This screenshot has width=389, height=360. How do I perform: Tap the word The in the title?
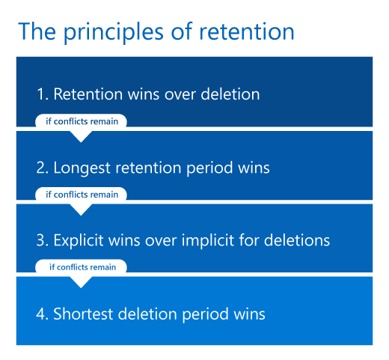click(x=35, y=31)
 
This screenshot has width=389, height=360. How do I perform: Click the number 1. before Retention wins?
click(x=43, y=94)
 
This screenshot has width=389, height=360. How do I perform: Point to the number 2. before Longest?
click(x=43, y=168)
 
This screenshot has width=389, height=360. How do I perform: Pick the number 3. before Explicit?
click(x=43, y=240)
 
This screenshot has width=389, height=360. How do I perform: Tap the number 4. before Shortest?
click(x=43, y=314)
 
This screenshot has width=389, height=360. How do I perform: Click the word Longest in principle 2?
click(x=82, y=168)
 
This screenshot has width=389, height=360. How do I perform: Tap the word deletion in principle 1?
click(x=229, y=94)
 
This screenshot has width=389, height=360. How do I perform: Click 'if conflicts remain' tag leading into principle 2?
click(x=82, y=121)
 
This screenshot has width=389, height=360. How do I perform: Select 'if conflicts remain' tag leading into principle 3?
click(x=82, y=194)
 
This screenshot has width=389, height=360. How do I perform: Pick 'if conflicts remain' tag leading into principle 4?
click(x=82, y=266)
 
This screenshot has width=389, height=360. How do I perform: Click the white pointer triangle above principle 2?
click(x=82, y=135)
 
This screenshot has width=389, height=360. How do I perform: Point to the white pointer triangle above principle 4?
click(x=82, y=281)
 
